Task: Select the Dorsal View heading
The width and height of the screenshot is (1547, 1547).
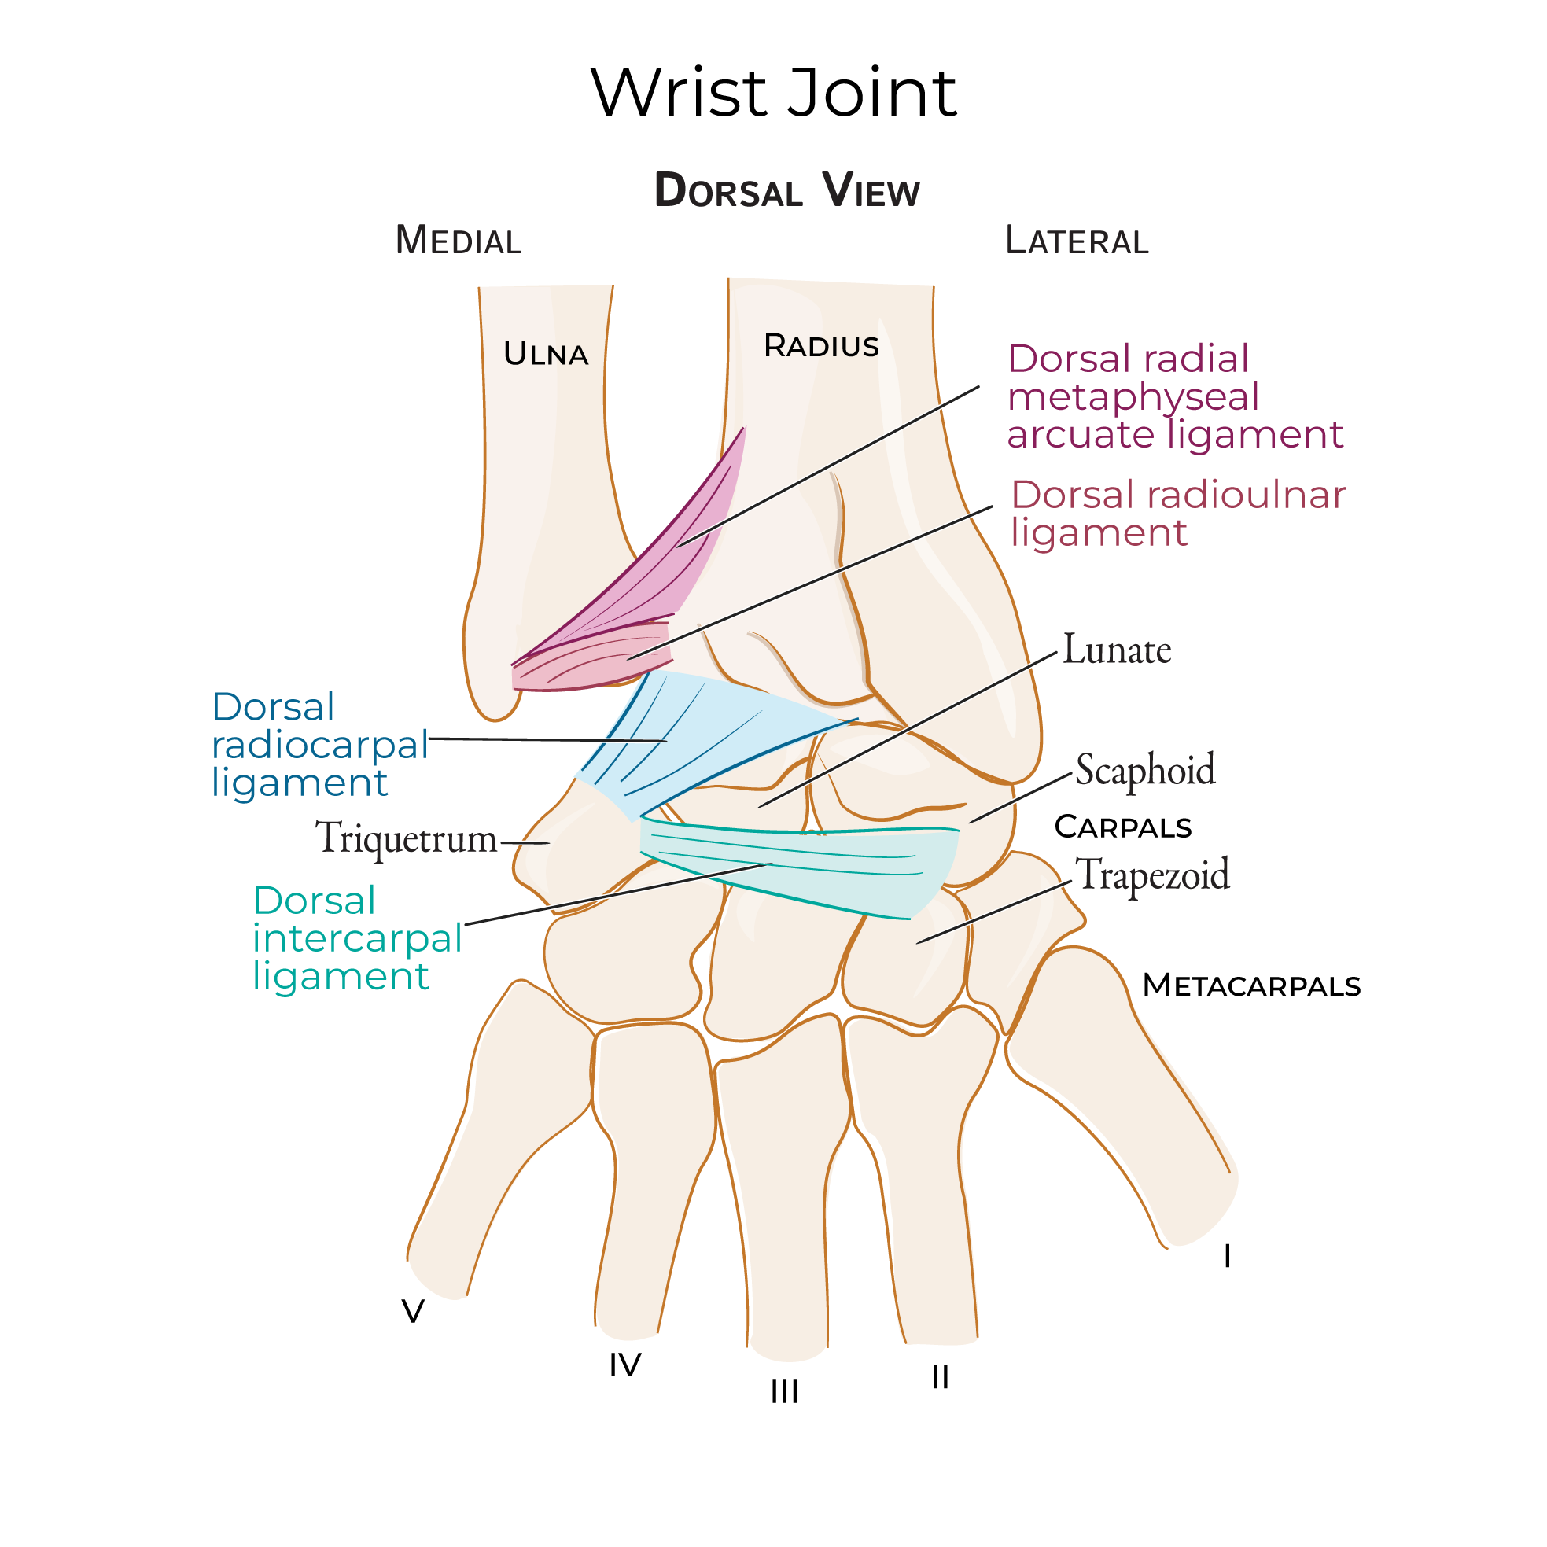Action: pos(786,191)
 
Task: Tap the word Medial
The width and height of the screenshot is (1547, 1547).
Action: pos(458,241)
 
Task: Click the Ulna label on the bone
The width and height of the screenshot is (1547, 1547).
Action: pos(545,354)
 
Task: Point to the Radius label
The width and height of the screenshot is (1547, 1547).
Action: pos(821,346)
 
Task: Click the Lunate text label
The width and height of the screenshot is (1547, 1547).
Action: pos(1116,650)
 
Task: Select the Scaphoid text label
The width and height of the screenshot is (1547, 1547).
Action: pos(1144,770)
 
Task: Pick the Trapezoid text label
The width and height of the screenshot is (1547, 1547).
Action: pos(1151,875)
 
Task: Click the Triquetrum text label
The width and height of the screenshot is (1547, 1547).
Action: pos(407,839)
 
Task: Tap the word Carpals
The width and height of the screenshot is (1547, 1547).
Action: pos(1122,827)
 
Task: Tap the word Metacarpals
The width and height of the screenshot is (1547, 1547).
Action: pos(1250,985)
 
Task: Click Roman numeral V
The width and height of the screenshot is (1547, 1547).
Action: pos(412,1312)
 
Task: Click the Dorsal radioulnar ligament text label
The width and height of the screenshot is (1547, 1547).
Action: pos(1177,514)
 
